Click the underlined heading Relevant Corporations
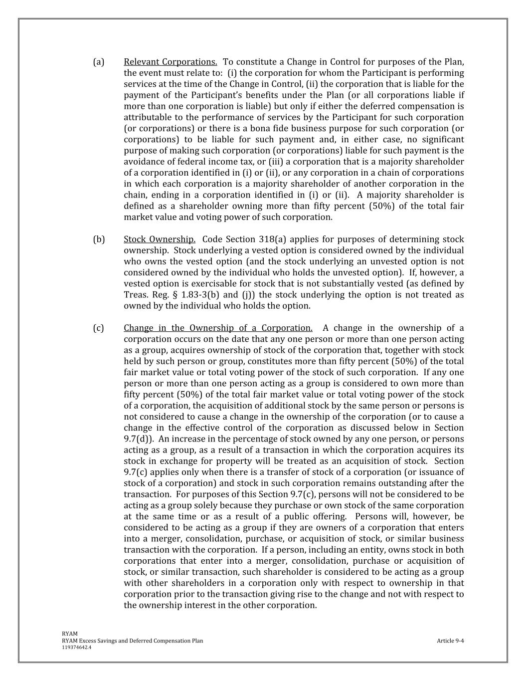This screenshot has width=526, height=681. (x=170, y=62)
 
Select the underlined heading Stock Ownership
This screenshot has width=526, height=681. (x=159, y=239)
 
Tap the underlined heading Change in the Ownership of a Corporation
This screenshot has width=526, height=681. (x=218, y=328)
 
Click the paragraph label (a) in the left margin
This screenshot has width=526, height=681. (x=98, y=62)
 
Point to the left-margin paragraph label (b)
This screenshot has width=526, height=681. (x=99, y=239)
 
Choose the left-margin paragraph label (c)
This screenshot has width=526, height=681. (x=98, y=328)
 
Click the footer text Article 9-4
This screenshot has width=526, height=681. (x=450, y=641)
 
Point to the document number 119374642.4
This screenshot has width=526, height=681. (x=76, y=647)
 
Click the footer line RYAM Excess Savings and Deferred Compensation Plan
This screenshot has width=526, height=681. (x=132, y=641)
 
